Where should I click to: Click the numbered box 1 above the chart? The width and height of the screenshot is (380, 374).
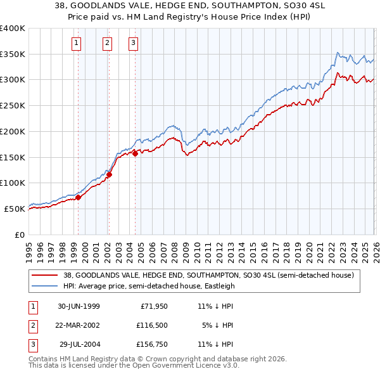[76, 43]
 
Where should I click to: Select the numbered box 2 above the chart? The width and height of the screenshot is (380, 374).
[106, 43]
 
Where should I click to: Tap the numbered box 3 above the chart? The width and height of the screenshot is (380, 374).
[134, 43]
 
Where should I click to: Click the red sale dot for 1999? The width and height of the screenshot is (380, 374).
[79, 197]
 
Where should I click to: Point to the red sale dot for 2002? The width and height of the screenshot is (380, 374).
[109, 174]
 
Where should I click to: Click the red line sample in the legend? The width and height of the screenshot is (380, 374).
[45, 275]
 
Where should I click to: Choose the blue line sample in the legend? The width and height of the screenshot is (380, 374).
[45, 286]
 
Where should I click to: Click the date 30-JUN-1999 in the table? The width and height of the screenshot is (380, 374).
[79, 306]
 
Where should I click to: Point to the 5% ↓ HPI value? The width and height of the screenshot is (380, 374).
[218, 325]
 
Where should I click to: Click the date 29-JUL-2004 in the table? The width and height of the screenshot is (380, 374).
[79, 344]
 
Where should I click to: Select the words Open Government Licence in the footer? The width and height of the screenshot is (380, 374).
[192, 365]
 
